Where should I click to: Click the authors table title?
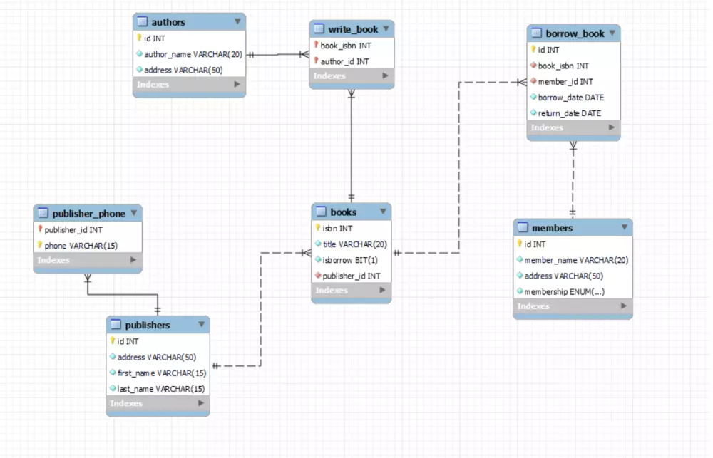tap(168, 22)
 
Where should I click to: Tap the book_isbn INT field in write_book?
tap(345, 46)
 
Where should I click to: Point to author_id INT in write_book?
tap(344, 61)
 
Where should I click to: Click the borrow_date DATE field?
tap(570, 98)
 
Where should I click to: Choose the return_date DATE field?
tap(570, 113)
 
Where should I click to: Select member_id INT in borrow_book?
tap(565, 82)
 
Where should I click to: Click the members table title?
tap(553, 228)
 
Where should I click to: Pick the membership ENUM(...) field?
tap(564, 291)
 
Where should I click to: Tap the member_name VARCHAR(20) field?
tap(576, 260)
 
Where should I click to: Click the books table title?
tap(344, 212)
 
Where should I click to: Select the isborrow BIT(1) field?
tap(350, 260)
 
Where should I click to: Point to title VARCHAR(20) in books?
tap(354, 244)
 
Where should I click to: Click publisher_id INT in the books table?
tap(352, 276)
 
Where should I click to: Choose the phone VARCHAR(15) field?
tap(81, 246)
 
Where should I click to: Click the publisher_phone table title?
tap(88, 213)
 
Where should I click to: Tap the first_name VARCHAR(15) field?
tap(162, 373)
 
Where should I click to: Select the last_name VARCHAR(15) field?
tap(161, 389)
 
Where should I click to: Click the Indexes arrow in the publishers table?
tap(200, 403)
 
